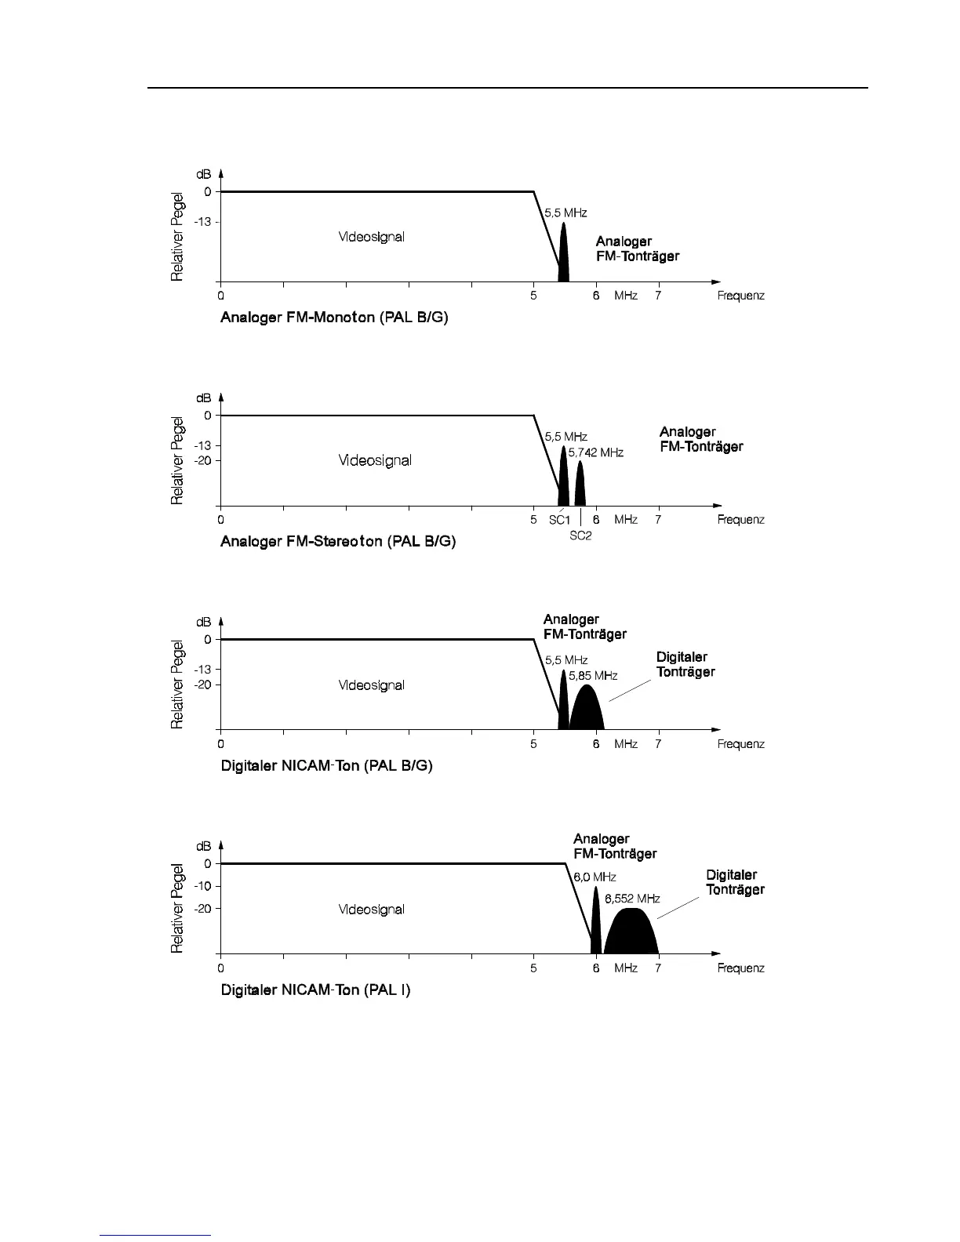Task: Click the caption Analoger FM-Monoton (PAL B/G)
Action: pos(334,318)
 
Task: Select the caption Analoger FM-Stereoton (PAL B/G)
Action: pos(338,542)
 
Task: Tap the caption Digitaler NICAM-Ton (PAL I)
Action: pos(315,990)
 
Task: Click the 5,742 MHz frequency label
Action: pos(595,453)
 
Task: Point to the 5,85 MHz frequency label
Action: pos(593,676)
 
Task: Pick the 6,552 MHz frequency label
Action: pos(632,899)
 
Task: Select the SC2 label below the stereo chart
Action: pos(580,536)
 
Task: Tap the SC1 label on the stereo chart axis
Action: pos(559,520)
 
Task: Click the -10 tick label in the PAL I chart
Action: pos(203,886)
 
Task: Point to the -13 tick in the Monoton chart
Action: pos(203,222)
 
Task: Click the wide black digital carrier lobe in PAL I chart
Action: pos(631,933)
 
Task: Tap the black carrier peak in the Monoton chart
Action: pos(563,255)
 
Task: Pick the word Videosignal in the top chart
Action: pos(371,237)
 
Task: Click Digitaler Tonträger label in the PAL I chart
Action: pos(735,882)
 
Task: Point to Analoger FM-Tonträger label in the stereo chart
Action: pos(700,439)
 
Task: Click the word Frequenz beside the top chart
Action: pos(740,296)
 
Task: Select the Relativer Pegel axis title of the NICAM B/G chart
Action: pos(178,685)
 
